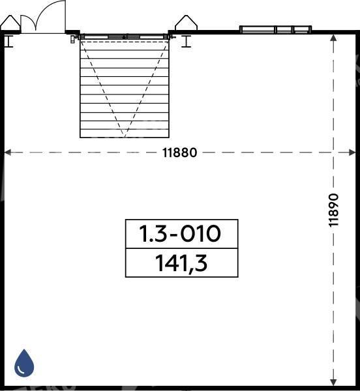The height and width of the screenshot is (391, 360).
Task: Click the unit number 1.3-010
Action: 180,234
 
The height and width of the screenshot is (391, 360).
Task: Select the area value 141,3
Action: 181,263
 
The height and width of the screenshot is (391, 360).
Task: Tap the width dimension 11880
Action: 179,152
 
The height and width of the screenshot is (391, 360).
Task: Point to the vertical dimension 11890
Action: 333,210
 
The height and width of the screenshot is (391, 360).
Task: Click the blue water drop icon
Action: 24,363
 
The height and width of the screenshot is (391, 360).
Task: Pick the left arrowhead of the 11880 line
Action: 8,152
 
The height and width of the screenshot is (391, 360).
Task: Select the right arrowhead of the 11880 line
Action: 352,152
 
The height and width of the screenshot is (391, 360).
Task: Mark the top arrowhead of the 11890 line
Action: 333,38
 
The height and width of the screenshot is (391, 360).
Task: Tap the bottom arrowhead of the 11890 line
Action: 333,383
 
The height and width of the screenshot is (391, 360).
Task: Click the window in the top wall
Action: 275,30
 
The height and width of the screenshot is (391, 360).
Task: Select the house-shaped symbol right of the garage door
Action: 186,23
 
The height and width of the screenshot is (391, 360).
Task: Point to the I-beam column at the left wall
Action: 9,42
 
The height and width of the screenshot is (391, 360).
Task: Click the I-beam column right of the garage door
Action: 186,42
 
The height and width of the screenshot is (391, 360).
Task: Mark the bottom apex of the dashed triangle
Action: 125,137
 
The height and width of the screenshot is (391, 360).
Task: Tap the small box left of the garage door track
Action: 72,39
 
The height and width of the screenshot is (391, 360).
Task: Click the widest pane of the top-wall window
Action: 258,30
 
